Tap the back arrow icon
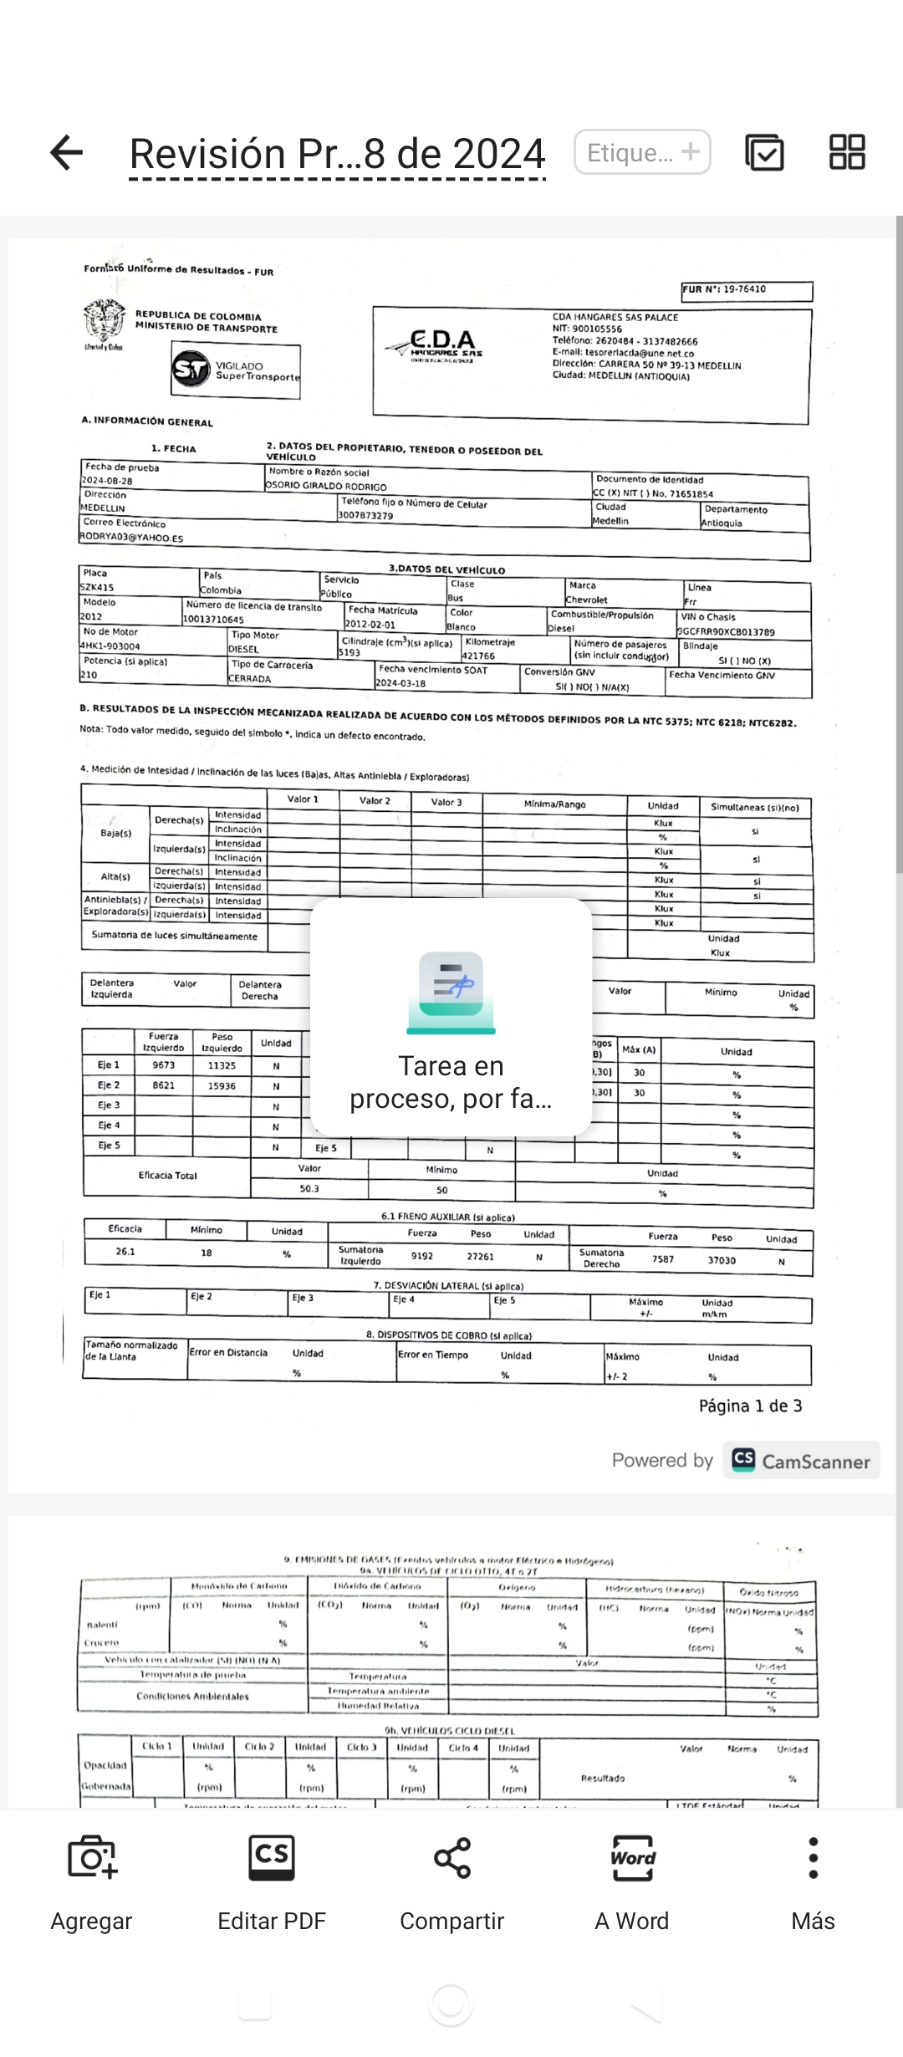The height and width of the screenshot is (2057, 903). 67,152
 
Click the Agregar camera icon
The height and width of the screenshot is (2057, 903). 92,1858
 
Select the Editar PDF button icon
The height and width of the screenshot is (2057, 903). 272,1858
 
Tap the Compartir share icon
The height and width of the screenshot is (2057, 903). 452,1858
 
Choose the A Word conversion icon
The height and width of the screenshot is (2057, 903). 633,1858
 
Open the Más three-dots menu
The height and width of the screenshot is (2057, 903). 814,1858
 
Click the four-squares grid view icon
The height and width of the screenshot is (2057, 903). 847,152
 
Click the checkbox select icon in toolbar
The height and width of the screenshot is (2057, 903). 764,152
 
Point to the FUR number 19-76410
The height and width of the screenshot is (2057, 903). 744,289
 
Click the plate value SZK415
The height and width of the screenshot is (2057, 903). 98,588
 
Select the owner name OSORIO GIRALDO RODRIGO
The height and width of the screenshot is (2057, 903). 327,487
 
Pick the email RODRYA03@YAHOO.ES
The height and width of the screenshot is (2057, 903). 132,538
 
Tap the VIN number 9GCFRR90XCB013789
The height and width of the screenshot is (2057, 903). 726,632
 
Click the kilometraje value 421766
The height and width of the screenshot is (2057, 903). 479,656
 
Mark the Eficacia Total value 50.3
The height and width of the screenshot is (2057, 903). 309,1188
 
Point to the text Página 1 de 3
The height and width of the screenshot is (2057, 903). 750,1406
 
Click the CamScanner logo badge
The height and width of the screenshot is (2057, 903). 801,1461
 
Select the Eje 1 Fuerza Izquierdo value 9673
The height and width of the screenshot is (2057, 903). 164,1065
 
